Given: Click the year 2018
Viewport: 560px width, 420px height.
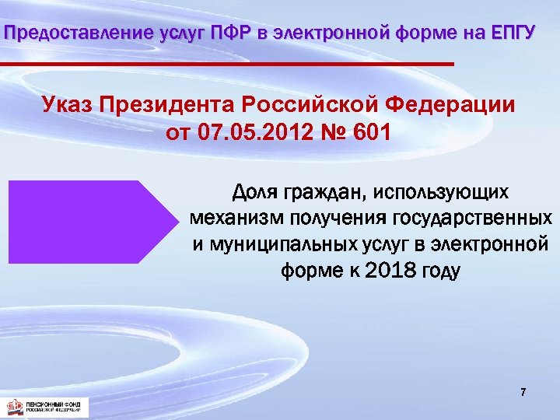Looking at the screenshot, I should tap(387, 271).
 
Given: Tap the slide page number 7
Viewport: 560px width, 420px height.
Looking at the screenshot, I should tap(523, 393).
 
